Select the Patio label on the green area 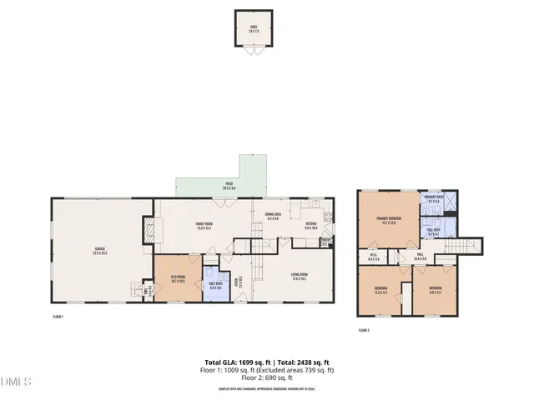click(229, 187)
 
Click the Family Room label click(205, 225)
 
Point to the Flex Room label click(177, 278)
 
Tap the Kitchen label click(310, 225)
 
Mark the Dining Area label click(273, 217)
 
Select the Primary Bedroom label click(389, 220)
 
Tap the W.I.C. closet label click(373, 257)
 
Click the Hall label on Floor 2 click(421, 257)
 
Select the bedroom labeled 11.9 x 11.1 click(380, 292)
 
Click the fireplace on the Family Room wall click(148, 230)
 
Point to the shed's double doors click(254, 52)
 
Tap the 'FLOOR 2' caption click(364, 330)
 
